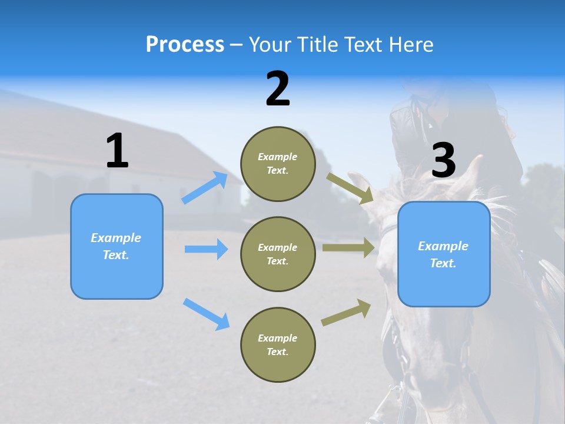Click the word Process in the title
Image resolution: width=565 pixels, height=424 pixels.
(x=185, y=44)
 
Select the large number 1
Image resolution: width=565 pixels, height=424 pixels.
(x=117, y=151)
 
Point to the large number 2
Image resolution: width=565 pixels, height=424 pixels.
(x=278, y=89)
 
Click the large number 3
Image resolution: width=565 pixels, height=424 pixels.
(x=443, y=161)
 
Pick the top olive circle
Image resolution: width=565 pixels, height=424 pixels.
(x=278, y=164)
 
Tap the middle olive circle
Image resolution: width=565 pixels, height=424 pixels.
(x=278, y=254)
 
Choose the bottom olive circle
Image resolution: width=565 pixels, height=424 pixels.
(x=278, y=344)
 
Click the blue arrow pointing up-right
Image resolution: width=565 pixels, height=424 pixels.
(x=205, y=187)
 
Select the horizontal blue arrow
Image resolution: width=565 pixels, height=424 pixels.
(x=206, y=249)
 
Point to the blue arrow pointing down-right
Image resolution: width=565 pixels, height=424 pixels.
(x=206, y=314)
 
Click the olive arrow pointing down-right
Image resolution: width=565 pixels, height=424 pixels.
(x=350, y=188)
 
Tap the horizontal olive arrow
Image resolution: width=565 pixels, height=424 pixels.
(x=348, y=248)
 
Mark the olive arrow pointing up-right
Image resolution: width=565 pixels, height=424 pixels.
(x=346, y=313)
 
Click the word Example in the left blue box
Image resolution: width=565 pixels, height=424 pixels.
(x=116, y=238)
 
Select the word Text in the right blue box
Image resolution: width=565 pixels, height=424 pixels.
(x=443, y=263)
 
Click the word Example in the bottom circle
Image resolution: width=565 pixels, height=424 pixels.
(x=278, y=338)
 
